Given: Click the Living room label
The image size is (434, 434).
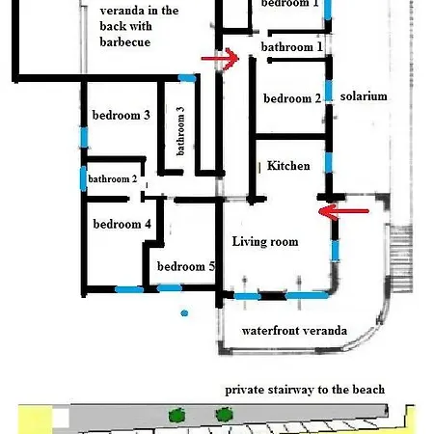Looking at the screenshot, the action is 265,241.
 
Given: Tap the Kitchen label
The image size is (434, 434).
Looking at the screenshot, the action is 288,166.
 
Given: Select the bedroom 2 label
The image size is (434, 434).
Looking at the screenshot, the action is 292,98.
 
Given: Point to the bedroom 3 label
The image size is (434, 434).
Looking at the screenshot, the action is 122,115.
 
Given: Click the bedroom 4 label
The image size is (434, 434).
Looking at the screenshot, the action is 122,224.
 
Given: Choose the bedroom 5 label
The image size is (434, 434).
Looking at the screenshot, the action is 186,266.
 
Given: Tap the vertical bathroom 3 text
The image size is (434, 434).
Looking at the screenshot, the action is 180,131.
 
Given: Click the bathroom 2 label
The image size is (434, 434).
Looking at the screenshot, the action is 113,178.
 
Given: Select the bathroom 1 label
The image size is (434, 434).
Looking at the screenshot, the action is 292,47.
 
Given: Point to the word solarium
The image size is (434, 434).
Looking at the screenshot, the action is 364,96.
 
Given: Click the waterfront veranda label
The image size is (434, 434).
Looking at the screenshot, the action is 294,331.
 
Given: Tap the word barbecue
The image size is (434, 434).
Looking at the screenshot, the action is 125,42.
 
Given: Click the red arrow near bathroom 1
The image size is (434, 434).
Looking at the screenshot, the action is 220,59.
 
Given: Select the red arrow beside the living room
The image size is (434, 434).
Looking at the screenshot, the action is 343,211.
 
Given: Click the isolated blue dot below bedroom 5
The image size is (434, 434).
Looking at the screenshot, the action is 184,312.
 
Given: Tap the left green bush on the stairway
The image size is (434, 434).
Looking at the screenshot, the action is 176,415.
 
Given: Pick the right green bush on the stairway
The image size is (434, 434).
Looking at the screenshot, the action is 224,415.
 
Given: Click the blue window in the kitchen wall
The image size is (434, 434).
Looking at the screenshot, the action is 329,162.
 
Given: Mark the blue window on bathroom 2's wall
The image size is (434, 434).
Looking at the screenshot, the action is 83,178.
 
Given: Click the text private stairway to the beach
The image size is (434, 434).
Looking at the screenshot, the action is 305,390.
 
